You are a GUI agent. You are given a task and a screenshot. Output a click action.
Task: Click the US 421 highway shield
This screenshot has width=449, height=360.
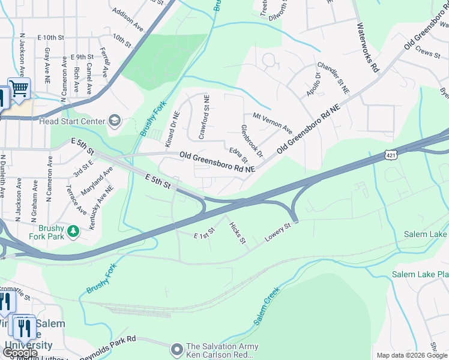click(391, 155)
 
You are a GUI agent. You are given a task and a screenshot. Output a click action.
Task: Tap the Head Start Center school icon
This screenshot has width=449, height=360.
click(114, 122)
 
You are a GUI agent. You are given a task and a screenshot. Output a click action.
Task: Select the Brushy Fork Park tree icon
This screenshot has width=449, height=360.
click(73, 230)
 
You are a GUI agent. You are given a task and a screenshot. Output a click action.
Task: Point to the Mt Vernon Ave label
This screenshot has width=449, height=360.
click(272, 123)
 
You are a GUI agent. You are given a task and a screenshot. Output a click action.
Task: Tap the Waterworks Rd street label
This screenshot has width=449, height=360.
click(368, 47)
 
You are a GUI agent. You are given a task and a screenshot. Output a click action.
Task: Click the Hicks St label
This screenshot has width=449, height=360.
click(238, 233)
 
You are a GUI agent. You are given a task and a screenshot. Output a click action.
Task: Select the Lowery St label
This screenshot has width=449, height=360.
click(278, 233)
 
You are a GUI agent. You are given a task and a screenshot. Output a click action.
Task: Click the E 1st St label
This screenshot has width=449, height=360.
click(204, 233)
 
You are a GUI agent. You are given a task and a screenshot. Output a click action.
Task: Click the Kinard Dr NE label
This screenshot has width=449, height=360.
click(172, 130)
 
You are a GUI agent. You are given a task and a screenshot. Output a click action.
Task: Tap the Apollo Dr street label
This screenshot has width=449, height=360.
click(313, 84)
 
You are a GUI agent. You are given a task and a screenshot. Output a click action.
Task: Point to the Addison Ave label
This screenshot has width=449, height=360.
click(128, 20)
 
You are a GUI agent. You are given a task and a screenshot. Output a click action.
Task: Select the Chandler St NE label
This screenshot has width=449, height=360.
click(333, 78)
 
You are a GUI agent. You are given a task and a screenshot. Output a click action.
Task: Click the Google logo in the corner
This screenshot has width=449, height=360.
click(20, 353)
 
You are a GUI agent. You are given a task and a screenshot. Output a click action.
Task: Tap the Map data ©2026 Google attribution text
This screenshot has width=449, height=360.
click(412, 355)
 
